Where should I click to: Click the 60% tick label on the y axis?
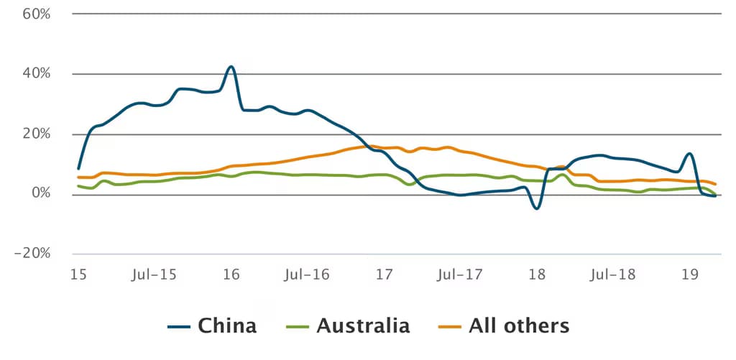pyautogui.click(x=36, y=14)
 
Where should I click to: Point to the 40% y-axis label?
pyautogui.click(x=36, y=74)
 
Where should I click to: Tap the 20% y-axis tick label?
pyautogui.click(x=36, y=134)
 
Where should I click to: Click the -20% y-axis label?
pyautogui.click(x=32, y=254)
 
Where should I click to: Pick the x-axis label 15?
pyautogui.click(x=78, y=274)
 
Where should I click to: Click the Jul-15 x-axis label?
pyautogui.click(x=154, y=274)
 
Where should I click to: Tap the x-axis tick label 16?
pyautogui.click(x=231, y=274)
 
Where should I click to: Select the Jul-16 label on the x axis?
pyautogui.click(x=307, y=274)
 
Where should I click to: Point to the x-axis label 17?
pyautogui.click(x=385, y=274)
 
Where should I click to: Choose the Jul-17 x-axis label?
pyautogui.click(x=459, y=274)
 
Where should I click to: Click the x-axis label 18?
pyautogui.click(x=537, y=274)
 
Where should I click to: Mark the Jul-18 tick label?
pyautogui.click(x=612, y=274)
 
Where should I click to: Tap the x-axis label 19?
pyautogui.click(x=690, y=274)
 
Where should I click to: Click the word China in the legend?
pyautogui.click(x=227, y=326)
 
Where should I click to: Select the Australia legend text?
pyautogui.click(x=363, y=326)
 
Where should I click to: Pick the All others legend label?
pyautogui.click(x=519, y=326)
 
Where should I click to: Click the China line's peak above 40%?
pyautogui.click(x=231, y=67)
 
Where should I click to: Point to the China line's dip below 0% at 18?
pyautogui.click(x=536, y=208)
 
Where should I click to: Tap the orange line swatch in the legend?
pyautogui.click(x=450, y=326)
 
